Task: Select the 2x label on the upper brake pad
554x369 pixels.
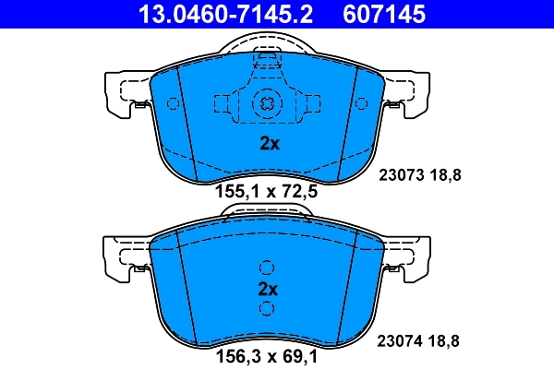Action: pos(268,143)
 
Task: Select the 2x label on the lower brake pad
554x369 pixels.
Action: pos(268,288)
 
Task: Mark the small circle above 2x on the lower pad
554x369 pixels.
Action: pos(267,268)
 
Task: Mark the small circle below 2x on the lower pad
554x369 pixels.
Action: pos(267,308)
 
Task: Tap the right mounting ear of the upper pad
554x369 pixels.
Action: pos(409,94)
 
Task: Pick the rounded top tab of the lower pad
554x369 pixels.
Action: pos(267,213)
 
